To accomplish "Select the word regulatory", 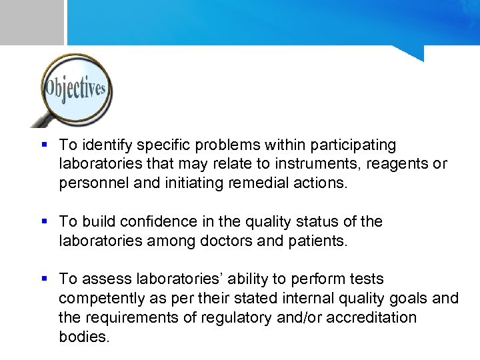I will tap(251, 317).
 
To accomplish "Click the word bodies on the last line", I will tap(83, 337).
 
